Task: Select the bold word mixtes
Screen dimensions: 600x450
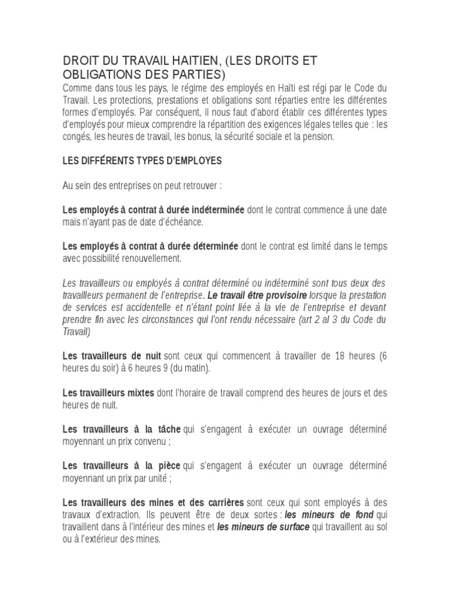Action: pos(139,392)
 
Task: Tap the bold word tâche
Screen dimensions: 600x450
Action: pos(167,429)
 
